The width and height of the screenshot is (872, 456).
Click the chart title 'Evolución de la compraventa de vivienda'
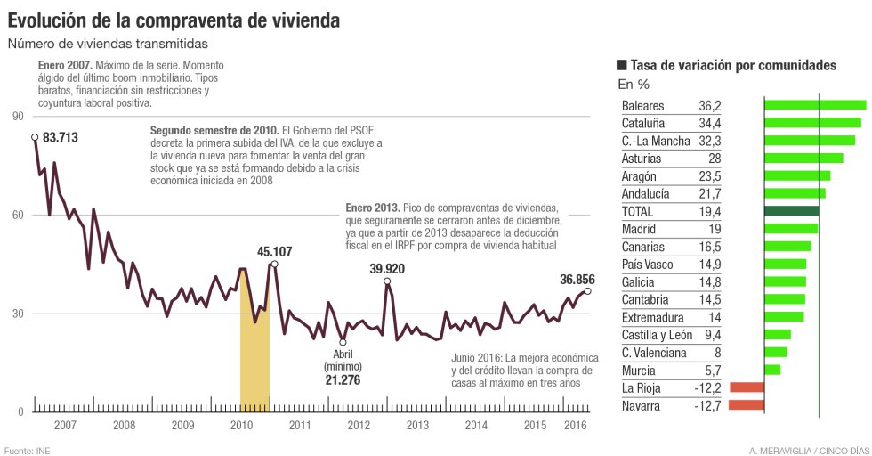coord(174,17)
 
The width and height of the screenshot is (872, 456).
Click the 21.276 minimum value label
coord(343,380)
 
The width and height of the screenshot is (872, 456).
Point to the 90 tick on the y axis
coord(18,117)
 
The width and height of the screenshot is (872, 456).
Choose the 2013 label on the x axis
coord(416,426)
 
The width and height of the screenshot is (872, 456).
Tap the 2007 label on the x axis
coord(64,426)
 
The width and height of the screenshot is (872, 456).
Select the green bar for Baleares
coord(815,105)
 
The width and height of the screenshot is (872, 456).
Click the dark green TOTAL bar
coord(791,211)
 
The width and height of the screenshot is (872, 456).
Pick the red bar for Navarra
coord(746,405)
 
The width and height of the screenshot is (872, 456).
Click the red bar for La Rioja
coord(747,387)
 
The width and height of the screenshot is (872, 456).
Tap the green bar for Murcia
coord(772,370)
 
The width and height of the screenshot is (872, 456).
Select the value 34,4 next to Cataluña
coord(710,123)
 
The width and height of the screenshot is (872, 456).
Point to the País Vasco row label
coord(647,265)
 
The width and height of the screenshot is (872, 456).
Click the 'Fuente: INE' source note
coord(28,450)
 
